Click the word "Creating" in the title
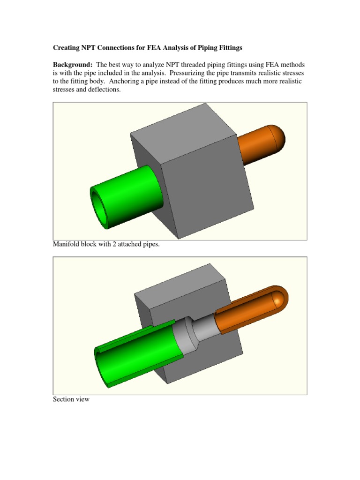click(x=66, y=48)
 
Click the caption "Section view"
click(x=71, y=400)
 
